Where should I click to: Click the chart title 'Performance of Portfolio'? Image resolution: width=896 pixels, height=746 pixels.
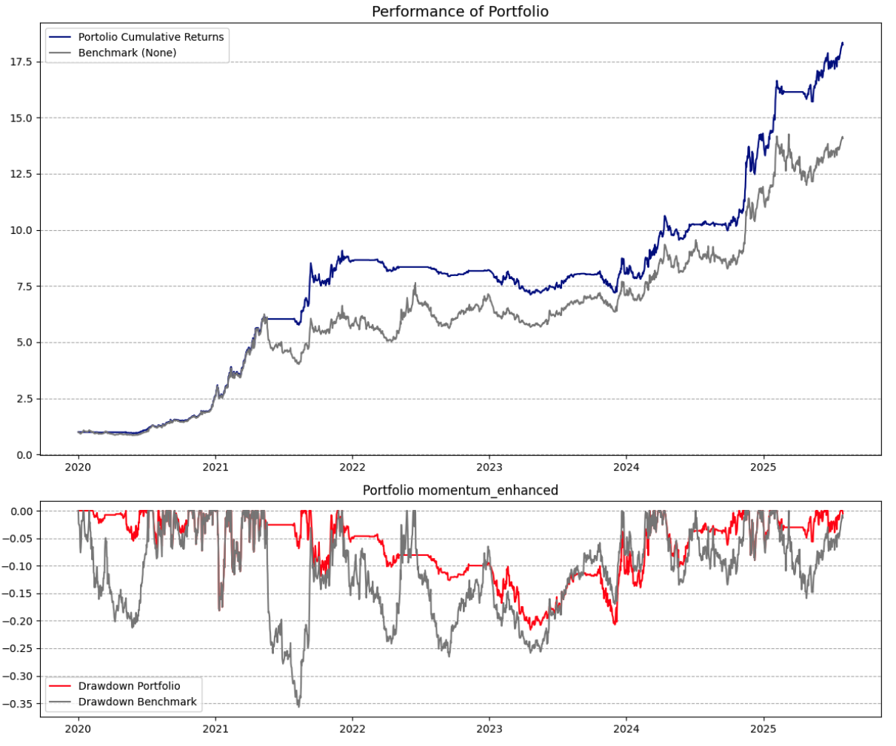[x=460, y=12]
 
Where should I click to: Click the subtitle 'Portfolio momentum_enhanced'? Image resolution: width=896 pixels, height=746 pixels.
[x=460, y=491]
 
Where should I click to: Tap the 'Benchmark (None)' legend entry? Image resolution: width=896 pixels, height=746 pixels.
[x=127, y=53]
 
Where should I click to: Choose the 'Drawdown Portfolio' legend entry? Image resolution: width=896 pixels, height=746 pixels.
[x=129, y=686]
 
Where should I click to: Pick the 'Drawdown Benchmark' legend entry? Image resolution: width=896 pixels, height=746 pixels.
[x=137, y=702]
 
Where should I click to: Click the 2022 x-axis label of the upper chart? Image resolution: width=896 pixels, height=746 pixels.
[x=352, y=468]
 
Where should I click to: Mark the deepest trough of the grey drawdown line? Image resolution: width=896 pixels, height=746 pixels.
[x=298, y=706]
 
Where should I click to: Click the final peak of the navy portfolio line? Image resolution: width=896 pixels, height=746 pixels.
[x=842, y=43]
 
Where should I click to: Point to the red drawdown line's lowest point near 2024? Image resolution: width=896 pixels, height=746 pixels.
[x=615, y=624]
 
